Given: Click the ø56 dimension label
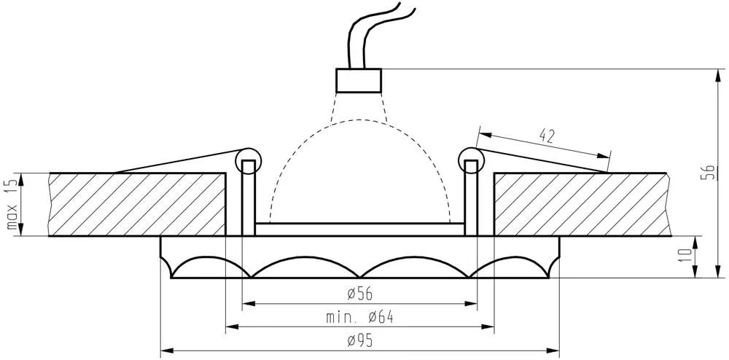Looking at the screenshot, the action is click(x=360, y=294).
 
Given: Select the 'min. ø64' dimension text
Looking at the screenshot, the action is click(x=359, y=317).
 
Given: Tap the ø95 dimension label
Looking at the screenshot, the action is click(x=360, y=341).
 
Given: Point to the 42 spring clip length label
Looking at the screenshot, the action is click(x=547, y=136).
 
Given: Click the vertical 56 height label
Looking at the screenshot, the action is click(x=709, y=173).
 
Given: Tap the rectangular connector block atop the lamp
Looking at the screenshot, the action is click(x=359, y=80).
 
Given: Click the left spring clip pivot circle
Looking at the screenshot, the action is click(x=249, y=161).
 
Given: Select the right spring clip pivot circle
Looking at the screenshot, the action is click(x=471, y=161).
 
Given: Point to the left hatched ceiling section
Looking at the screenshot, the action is click(x=137, y=204).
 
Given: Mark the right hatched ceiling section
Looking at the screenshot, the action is click(x=582, y=204).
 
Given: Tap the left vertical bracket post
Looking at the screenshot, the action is click(x=249, y=198).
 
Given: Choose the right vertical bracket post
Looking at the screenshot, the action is click(x=472, y=198).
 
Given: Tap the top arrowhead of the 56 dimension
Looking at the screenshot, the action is click(x=718, y=75).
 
